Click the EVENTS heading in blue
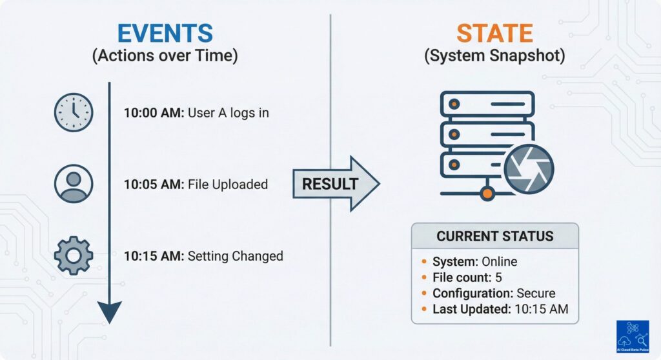[x=165, y=32]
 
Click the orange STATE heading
[x=494, y=32]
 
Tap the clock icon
[x=74, y=113]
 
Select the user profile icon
[x=74, y=185]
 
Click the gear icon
[x=74, y=256]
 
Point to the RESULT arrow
[x=336, y=184]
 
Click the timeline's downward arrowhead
[x=110, y=313]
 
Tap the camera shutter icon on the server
[x=529, y=169]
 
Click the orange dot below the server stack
[x=488, y=193]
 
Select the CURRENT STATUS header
[x=494, y=236]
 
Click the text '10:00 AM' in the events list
[x=154, y=113]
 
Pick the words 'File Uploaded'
[x=227, y=185]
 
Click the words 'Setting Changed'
[x=235, y=256]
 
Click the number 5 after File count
[x=498, y=277]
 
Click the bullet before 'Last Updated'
[x=423, y=310]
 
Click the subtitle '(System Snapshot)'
[x=494, y=56]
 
